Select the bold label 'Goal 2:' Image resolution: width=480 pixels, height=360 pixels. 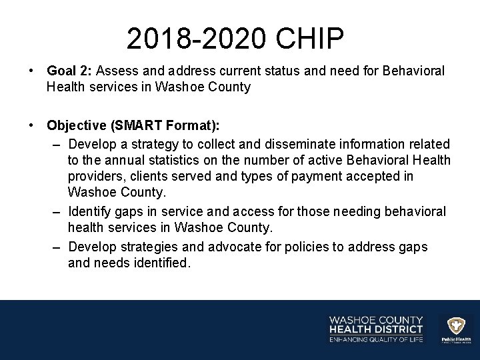(71, 71)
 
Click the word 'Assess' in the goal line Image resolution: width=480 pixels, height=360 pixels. (119, 71)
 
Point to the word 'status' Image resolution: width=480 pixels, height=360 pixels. (261, 71)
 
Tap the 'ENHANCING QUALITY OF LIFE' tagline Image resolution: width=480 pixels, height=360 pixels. (376, 340)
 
